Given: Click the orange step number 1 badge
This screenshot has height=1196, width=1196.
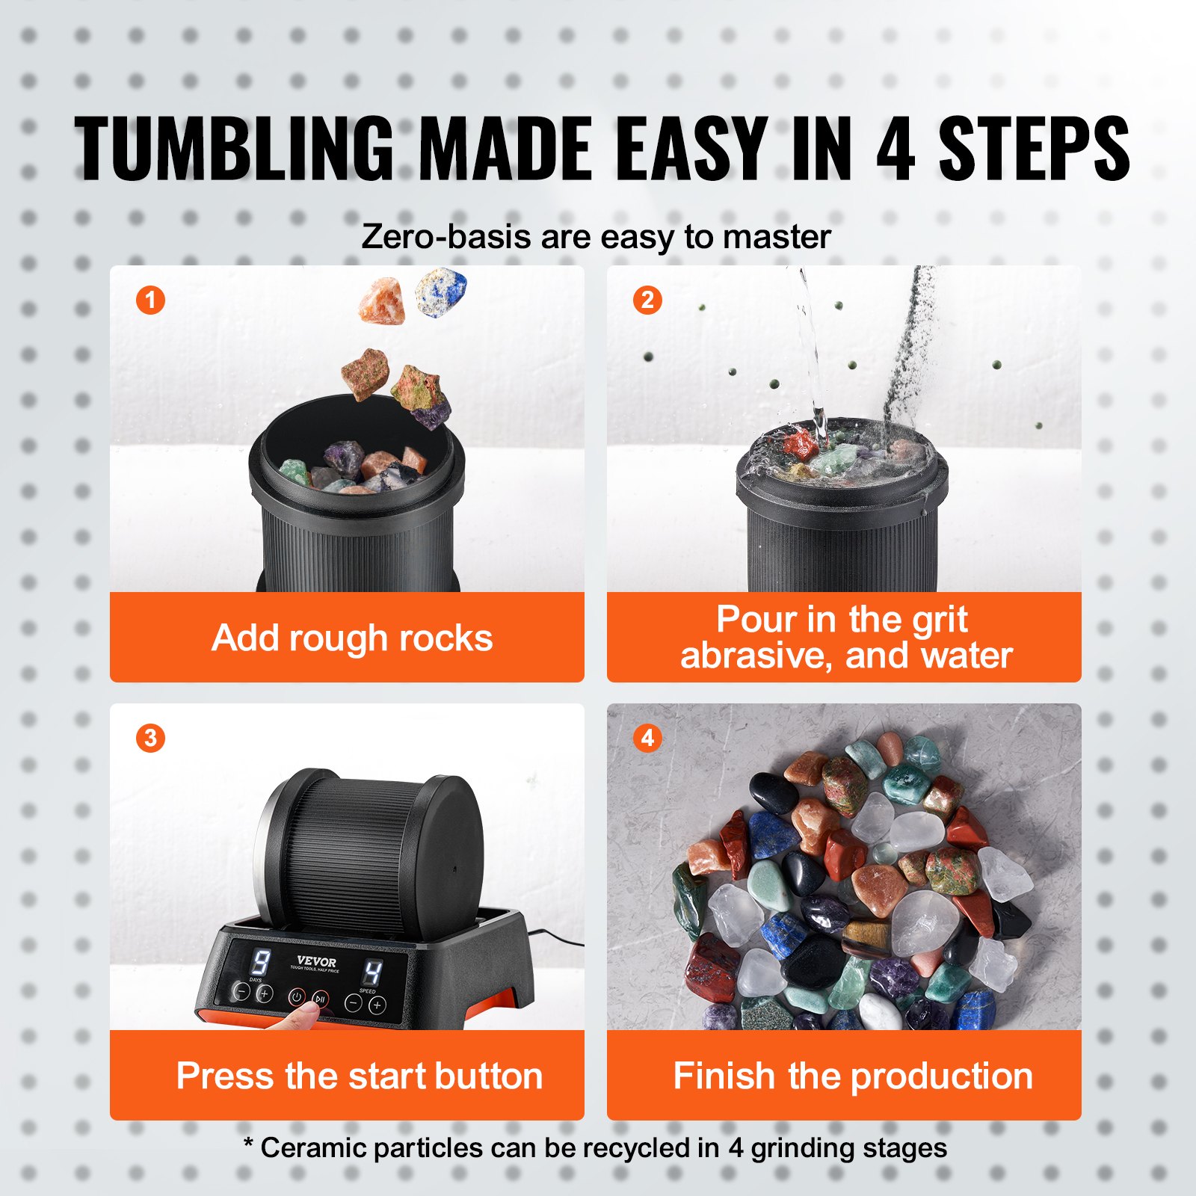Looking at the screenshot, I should pos(150,300).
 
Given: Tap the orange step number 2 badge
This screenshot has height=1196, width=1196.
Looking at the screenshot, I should pos(647,300).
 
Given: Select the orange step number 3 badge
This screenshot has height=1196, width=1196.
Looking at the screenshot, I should pos(150,738).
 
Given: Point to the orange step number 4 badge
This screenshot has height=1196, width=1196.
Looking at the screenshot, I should pos(647,738).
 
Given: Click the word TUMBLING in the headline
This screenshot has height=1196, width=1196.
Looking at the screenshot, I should pos(234,149).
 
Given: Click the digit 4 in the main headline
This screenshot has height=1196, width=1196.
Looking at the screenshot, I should pos(895,149).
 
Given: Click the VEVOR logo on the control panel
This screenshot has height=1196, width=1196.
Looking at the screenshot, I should pos(316,961).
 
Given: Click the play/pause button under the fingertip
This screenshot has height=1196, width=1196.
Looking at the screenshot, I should pos(320,999).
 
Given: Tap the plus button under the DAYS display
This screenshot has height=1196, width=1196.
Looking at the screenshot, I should pos(265,993).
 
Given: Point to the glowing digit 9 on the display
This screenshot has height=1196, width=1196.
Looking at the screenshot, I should pos(261,962).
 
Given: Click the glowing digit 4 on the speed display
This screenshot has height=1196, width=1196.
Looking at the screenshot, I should pos(372,972).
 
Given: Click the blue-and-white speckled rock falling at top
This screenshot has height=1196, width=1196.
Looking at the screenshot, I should pos(440,292).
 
